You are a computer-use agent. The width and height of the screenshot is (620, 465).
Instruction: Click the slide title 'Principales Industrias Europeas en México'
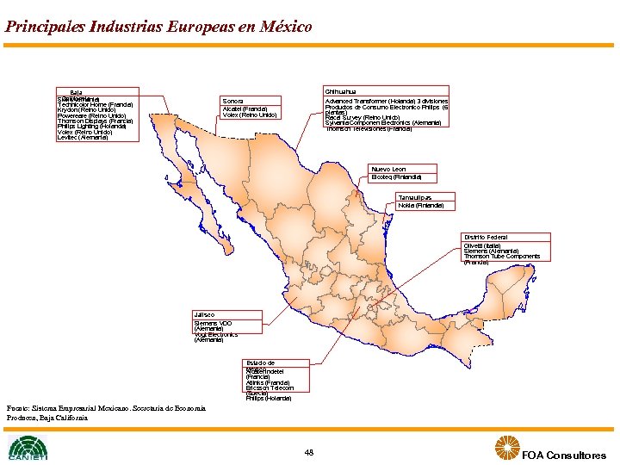[x=158, y=27]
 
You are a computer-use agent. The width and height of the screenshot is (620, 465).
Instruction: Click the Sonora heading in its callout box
[x=232, y=100]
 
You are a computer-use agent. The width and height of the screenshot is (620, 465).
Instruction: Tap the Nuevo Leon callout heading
[x=388, y=169]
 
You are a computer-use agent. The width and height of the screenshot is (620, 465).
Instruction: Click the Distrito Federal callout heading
[x=486, y=237]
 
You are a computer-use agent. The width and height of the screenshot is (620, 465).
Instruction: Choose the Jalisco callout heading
[x=204, y=315]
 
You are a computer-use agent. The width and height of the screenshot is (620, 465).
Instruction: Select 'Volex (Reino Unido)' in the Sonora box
[x=249, y=115]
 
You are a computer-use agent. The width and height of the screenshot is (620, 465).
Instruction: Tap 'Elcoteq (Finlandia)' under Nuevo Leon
[x=396, y=177]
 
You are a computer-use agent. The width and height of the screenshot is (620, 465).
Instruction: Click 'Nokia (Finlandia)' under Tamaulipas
[x=421, y=206]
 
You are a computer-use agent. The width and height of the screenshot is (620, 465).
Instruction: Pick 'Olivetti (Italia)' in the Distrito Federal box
[x=483, y=245]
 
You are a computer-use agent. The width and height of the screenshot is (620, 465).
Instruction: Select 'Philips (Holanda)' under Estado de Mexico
[x=268, y=399]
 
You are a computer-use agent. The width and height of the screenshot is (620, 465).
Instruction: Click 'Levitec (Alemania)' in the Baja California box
[x=83, y=138]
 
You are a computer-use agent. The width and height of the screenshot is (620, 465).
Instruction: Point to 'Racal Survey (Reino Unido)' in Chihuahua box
[x=362, y=117]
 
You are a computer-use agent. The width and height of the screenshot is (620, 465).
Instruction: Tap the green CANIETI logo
[x=28, y=447]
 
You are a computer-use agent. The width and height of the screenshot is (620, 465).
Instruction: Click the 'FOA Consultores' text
[x=564, y=456]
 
